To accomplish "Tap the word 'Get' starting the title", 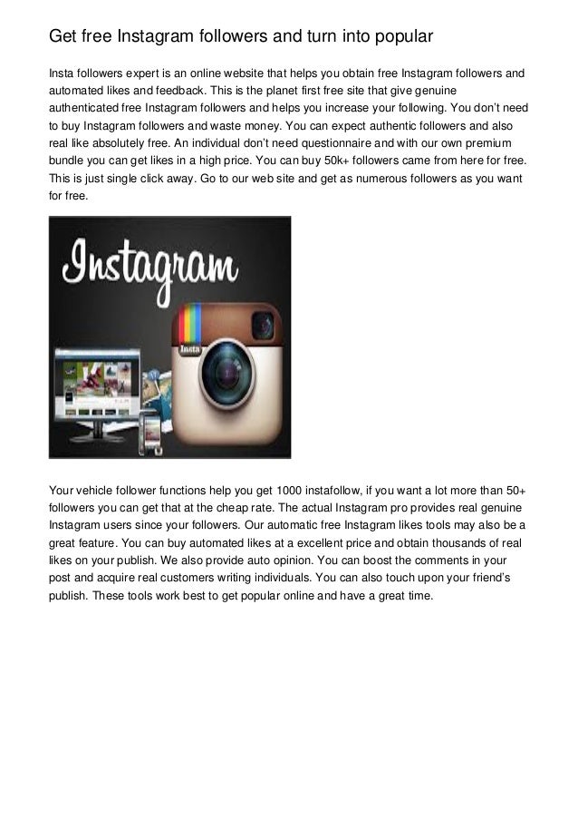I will pos(63,37).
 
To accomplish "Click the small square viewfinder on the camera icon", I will pos(263,323).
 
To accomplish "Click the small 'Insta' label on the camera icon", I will pos(189,349).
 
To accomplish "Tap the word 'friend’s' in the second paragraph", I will pos(491,580).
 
